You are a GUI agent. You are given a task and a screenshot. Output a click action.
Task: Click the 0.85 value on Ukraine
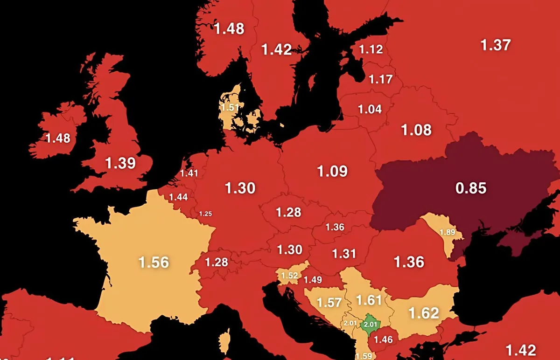pyautogui.click(x=471, y=188)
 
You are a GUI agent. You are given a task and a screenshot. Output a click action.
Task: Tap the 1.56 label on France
pyautogui.click(x=154, y=262)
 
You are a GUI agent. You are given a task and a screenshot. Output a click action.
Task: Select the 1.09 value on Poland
pyautogui.click(x=332, y=171)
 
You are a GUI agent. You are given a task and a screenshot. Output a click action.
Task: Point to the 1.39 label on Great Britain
pyautogui.click(x=120, y=163)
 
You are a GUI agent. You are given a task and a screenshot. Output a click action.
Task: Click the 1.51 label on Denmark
pyautogui.click(x=230, y=108)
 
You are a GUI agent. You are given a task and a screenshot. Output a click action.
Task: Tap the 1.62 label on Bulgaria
pyautogui.click(x=423, y=312)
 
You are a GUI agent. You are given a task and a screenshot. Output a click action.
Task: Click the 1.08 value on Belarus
pyautogui.click(x=416, y=130)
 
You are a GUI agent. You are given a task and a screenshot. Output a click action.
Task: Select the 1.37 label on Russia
pyautogui.click(x=496, y=45)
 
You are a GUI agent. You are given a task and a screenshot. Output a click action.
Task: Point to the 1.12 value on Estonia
pyautogui.click(x=371, y=49)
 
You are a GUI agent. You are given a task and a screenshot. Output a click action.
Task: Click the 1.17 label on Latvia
pyautogui.click(x=380, y=79)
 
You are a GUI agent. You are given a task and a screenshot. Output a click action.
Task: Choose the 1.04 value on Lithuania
pyautogui.click(x=370, y=110)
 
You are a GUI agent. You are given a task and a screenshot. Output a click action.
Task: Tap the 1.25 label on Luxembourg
pyautogui.click(x=205, y=214)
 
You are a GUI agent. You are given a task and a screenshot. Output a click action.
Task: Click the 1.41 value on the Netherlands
pyautogui.click(x=189, y=173)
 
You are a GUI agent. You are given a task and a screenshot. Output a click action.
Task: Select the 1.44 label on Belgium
pyautogui.click(x=178, y=197)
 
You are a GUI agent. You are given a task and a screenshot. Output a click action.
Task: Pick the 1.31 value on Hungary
pyautogui.click(x=344, y=254)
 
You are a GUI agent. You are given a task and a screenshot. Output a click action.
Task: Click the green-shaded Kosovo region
pyautogui.click(x=370, y=323)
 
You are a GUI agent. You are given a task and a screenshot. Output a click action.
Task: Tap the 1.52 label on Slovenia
pyautogui.click(x=289, y=276)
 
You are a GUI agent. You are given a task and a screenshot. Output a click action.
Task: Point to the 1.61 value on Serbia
pyautogui.click(x=369, y=300)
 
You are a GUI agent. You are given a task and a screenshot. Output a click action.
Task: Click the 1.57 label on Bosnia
pyautogui.click(x=329, y=303)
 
